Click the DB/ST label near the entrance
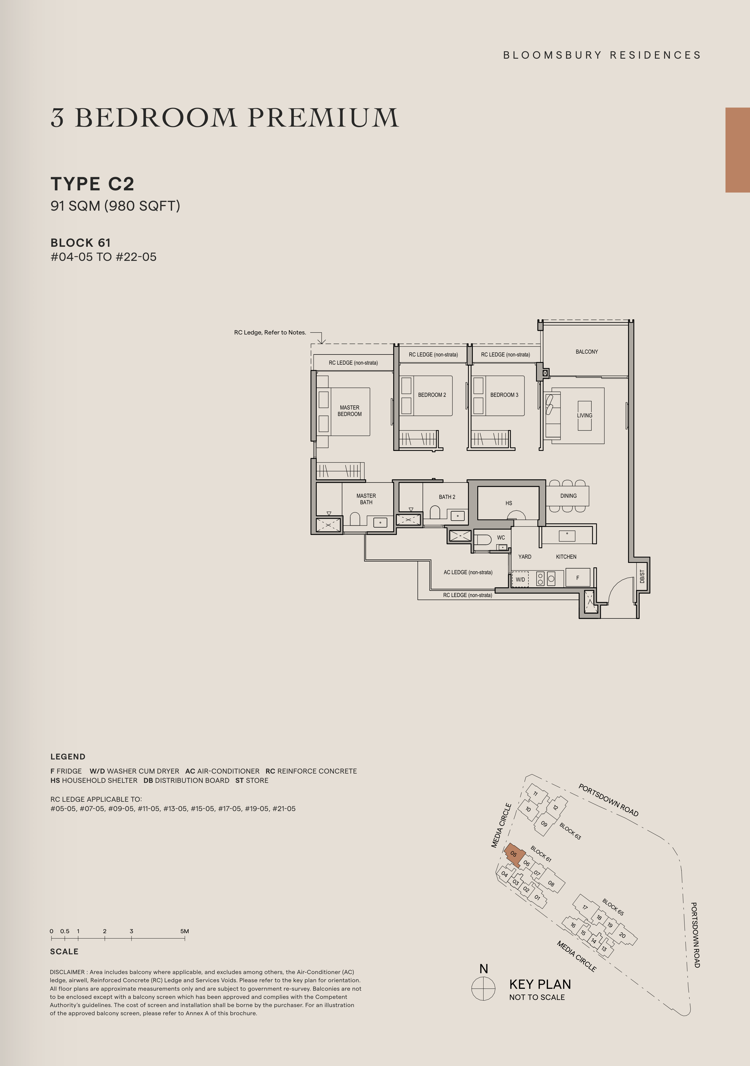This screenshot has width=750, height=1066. click(x=642, y=577)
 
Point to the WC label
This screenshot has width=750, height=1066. click(x=501, y=538)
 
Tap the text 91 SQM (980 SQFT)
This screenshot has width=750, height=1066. click(x=115, y=206)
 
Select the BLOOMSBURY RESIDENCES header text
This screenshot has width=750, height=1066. click(x=602, y=55)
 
